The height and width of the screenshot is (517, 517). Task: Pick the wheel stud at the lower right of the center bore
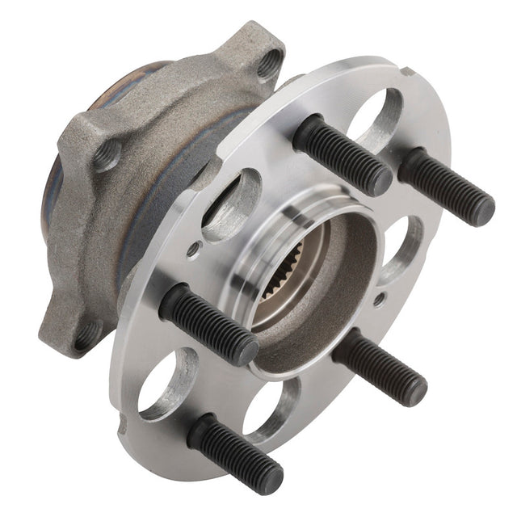379,367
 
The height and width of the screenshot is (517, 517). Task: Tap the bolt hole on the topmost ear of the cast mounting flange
270,65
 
